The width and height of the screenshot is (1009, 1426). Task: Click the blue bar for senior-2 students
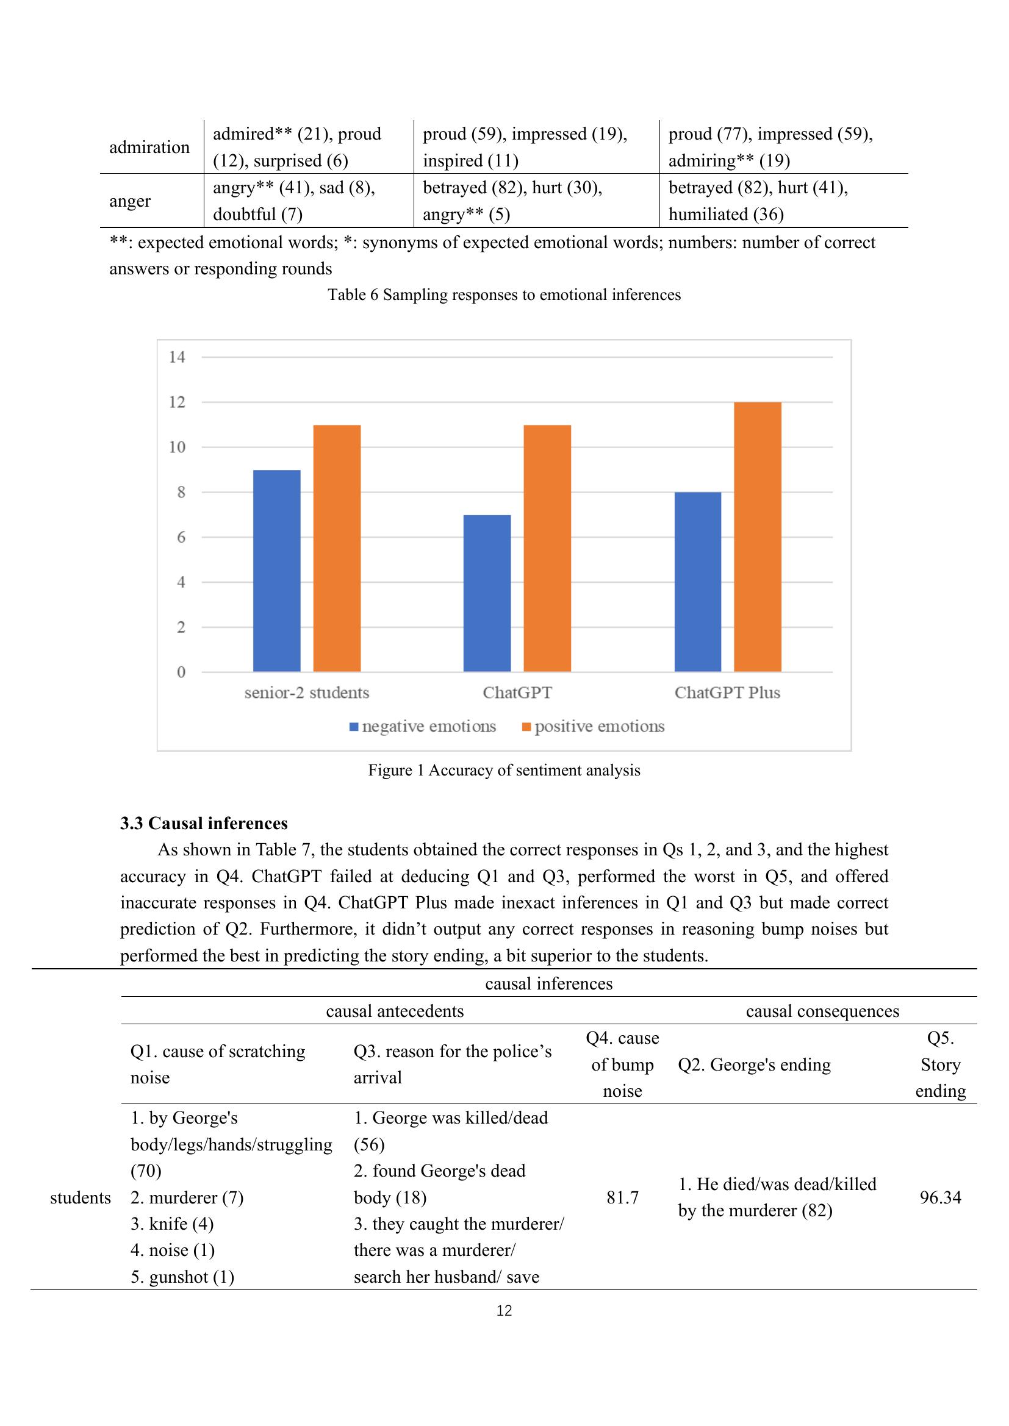point(276,571)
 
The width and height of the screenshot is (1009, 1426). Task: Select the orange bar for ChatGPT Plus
point(758,537)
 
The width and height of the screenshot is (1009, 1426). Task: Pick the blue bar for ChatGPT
point(486,593)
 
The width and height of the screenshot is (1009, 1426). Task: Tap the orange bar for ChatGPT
point(547,549)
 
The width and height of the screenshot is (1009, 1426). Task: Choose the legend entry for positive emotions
point(593,726)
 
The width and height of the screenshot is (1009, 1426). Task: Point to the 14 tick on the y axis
point(177,357)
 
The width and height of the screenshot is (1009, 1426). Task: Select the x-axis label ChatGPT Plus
point(727,693)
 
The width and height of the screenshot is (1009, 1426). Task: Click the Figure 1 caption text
point(504,770)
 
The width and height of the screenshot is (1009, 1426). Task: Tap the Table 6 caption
point(504,294)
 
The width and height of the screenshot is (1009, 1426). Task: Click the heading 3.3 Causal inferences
point(204,824)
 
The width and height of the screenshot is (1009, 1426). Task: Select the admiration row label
point(149,147)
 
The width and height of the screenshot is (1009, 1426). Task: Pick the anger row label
point(130,201)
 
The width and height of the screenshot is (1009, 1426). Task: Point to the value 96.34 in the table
point(940,1197)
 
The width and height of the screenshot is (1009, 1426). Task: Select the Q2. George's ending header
point(754,1064)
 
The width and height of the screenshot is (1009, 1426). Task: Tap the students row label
point(80,1197)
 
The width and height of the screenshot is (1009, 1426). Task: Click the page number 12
point(504,1311)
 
